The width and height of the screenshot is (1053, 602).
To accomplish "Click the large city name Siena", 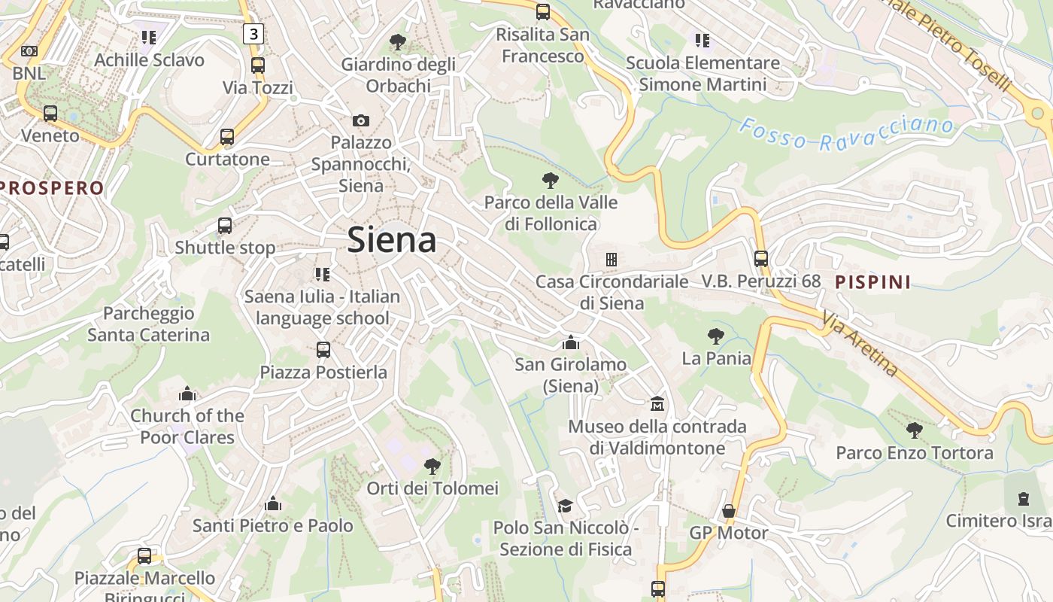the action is tap(392, 240).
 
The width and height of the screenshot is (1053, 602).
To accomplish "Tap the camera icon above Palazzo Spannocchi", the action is tap(361, 120).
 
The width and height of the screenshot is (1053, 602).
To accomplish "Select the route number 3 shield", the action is tap(254, 33).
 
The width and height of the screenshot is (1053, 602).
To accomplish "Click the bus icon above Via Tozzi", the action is tap(258, 65).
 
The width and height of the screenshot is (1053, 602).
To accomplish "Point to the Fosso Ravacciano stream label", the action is tap(845, 134).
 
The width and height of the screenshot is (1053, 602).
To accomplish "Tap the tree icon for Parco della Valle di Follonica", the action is tap(551, 180).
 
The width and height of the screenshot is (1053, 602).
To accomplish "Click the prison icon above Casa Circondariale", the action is tap(611, 260).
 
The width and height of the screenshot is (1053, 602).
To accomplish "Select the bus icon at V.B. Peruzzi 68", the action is tap(761, 259).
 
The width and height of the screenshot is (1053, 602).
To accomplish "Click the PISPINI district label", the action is tap(873, 282).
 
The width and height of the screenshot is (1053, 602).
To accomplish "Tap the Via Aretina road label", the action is tap(860, 343).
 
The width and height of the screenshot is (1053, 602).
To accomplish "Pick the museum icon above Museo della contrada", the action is tap(657, 404).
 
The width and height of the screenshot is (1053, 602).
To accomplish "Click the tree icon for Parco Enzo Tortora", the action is tap(915, 430).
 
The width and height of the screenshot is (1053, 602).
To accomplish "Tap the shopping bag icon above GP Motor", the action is tap(728, 511).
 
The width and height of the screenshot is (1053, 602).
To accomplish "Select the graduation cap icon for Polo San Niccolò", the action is tap(565, 506).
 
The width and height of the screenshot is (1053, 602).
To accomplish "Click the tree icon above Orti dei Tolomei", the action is tap(432, 467).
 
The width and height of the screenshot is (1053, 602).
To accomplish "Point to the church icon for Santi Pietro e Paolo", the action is tap(273, 503).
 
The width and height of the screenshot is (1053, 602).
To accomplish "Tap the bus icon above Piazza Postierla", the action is tap(323, 350).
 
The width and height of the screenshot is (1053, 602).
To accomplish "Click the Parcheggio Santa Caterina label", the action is tap(149, 324).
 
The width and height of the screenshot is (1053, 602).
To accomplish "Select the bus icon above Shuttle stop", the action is tap(225, 226).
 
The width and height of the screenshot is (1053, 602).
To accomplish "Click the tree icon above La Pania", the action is tap(716, 336).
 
